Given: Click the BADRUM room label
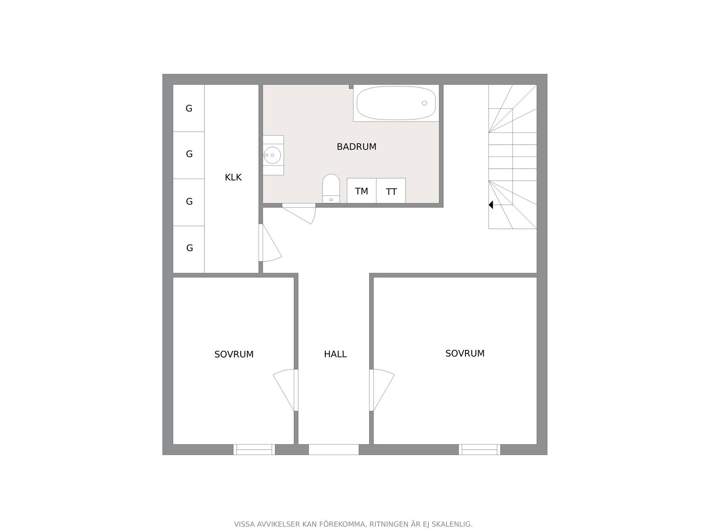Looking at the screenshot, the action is [x=356, y=147].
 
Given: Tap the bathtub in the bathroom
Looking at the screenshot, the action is [x=396, y=103].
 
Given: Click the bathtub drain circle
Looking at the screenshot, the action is [x=424, y=103].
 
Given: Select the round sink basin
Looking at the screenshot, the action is [x=273, y=155].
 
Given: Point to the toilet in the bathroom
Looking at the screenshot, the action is [x=331, y=188].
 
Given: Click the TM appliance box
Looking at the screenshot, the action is [x=361, y=191].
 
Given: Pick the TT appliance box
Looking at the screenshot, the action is [x=391, y=191].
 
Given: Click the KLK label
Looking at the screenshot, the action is [x=233, y=178].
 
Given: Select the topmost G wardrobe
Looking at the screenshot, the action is [x=189, y=108].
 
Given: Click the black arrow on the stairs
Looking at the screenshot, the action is [x=491, y=205].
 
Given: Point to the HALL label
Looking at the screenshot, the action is [x=335, y=354].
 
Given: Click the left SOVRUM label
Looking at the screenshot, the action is [x=234, y=354].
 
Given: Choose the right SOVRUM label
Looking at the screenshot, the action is [x=465, y=353].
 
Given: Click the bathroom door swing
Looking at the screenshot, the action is [x=299, y=213].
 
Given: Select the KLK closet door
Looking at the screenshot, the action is [x=270, y=243].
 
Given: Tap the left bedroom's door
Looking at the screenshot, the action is [x=285, y=390].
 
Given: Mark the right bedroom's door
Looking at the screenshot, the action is [x=382, y=390].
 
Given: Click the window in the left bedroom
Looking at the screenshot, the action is [x=254, y=450].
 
